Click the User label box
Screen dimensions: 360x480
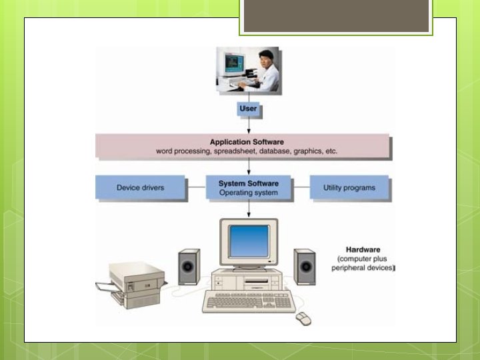coord(248,108)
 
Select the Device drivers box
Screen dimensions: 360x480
coord(140,188)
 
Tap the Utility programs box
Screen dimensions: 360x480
coord(349,188)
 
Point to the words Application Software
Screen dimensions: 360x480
coord(247,142)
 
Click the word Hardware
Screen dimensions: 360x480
coord(362,249)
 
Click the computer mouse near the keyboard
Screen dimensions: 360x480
coord(304,317)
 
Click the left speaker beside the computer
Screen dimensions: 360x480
coord(189,268)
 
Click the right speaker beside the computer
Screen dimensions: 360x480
coord(305,268)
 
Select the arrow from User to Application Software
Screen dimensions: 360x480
coord(249,125)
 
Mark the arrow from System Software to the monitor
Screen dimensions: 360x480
coord(249,210)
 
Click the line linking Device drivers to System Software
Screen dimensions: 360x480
coord(195,188)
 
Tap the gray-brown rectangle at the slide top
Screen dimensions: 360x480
coord(336,16)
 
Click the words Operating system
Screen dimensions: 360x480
coord(249,193)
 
